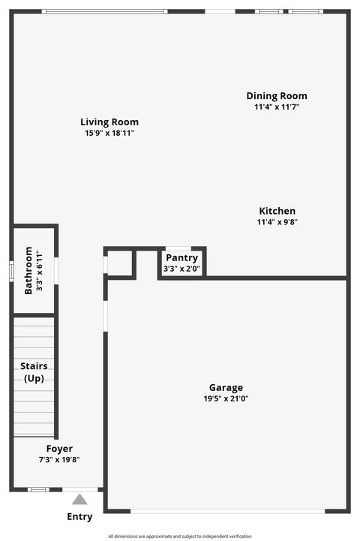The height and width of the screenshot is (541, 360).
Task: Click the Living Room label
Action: tap(109, 122)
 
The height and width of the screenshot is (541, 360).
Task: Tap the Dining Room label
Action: tap(277, 96)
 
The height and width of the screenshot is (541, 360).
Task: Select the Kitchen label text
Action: tap(277, 211)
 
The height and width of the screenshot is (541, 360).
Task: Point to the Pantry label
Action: tap(181, 257)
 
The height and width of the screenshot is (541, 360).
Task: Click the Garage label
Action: tap(226, 388)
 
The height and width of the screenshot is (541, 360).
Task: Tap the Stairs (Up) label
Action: tap(34, 372)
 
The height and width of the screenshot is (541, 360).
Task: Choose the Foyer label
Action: tap(59, 449)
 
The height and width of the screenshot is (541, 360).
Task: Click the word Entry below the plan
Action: tap(79, 516)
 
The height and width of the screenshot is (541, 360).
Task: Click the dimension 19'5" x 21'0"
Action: tap(226, 399)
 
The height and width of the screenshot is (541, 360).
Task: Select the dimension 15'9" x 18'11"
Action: tap(109, 134)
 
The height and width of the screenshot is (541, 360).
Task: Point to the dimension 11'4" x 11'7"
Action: tap(277, 107)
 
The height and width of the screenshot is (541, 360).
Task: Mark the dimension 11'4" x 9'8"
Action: tap(277, 222)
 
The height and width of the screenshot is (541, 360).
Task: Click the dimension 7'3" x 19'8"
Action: tap(59, 460)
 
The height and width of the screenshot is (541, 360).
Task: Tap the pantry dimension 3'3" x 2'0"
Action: tap(181, 269)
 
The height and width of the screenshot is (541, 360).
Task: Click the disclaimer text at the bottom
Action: tap(180, 536)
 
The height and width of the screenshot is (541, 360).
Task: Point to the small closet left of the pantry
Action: tap(119, 263)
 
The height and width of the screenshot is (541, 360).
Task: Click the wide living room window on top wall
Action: tap(104, 11)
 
